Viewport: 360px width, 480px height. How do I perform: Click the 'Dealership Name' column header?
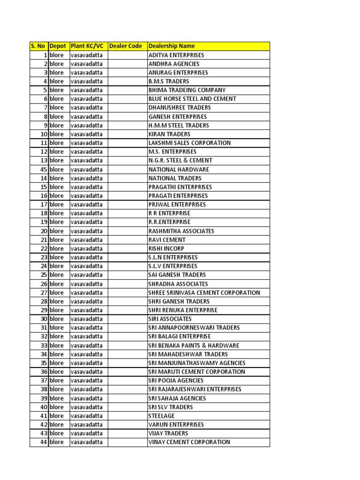(x=172, y=46)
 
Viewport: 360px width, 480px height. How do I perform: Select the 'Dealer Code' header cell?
(x=126, y=46)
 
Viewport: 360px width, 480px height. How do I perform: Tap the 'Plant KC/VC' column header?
(x=87, y=46)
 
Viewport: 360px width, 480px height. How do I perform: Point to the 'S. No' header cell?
(x=38, y=46)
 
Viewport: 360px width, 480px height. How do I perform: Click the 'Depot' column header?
(x=58, y=46)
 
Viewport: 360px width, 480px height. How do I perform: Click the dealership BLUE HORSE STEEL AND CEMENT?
(x=192, y=99)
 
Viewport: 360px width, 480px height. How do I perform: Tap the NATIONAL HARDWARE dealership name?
(x=179, y=169)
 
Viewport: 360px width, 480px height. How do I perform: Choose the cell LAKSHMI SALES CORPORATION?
(x=189, y=143)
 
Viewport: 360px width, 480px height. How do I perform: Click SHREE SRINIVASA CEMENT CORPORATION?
(x=204, y=292)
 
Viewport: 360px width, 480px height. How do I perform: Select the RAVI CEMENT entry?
(x=167, y=240)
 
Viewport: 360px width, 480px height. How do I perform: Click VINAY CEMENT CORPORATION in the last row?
(x=189, y=442)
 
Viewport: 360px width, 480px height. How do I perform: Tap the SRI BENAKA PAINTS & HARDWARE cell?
(x=194, y=345)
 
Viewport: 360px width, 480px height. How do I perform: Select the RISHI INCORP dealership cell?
(x=166, y=248)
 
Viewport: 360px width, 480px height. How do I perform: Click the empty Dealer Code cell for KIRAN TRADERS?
(x=127, y=134)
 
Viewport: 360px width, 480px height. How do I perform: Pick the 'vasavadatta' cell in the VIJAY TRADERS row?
(x=87, y=433)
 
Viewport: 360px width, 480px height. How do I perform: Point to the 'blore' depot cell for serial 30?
(x=56, y=319)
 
